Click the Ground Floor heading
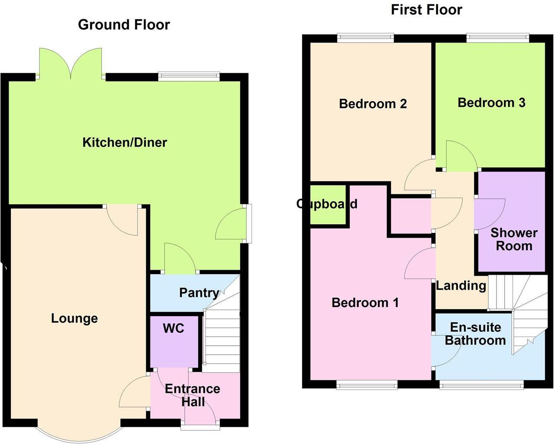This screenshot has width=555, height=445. click(124, 25)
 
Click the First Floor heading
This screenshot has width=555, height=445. click(426, 10)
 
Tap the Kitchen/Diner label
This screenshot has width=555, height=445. click(124, 142)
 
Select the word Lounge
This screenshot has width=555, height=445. click(74, 318)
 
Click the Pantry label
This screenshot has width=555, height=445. click(199, 293)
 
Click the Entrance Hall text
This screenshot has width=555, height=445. click(193, 395)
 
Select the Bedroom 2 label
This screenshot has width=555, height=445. click(372, 104)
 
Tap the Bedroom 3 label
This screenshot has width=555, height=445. click(491, 103)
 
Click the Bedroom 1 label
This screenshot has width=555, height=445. click(365, 302)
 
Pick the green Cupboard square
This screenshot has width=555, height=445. click(328, 205)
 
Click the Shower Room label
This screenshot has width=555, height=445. click(514, 239)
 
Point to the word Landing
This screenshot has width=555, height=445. click(460, 285)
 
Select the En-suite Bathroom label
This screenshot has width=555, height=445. click(475, 334)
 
